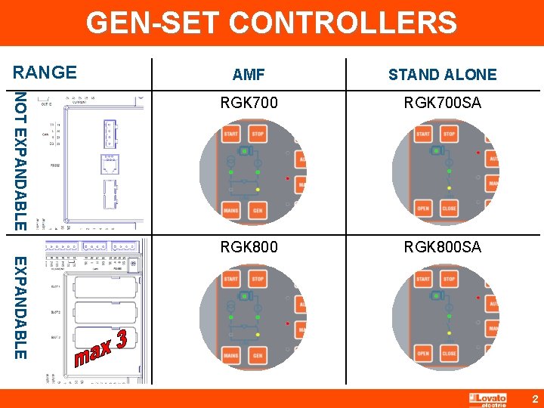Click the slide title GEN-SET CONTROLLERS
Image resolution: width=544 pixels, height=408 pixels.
pyautogui.click(x=271, y=23)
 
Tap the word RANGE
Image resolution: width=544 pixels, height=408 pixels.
pyautogui.click(x=45, y=73)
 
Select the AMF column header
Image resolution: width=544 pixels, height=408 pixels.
pyautogui.click(x=249, y=75)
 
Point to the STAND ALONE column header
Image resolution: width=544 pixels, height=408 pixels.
pyautogui.click(x=442, y=75)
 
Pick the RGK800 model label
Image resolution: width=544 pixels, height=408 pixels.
pyautogui.click(x=249, y=247)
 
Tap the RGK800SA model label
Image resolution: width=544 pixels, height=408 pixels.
pyautogui.click(x=442, y=247)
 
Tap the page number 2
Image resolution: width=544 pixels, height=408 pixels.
pyautogui.click(x=534, y=398)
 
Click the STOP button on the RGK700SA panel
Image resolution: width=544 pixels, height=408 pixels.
pyautogui.click(x=449, y=134)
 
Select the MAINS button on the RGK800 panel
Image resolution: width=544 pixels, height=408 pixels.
pyautogui.click(x=231, y=355)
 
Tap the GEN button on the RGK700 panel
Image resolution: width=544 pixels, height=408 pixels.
pyautogui.click(x=257, y=210)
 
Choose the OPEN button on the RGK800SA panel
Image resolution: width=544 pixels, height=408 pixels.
pyautogui.click(x=423, y=354)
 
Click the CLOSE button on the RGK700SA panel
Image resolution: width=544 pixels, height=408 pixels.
pyautogui.click(x=449, y=209)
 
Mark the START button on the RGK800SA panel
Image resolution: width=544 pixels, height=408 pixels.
pyautogui.click(x=423, y=280)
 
